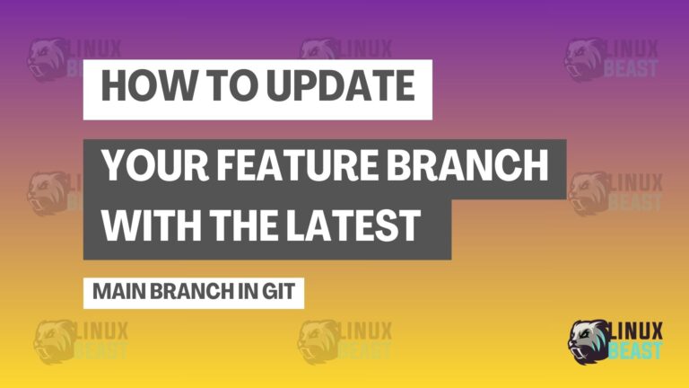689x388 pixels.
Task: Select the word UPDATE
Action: [x=341, y=85]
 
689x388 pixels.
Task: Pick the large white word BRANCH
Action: [x=467, y=165]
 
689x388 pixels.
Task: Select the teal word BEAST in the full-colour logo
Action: [x=635, y=350]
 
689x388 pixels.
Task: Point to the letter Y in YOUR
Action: [x=115, y=165]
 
